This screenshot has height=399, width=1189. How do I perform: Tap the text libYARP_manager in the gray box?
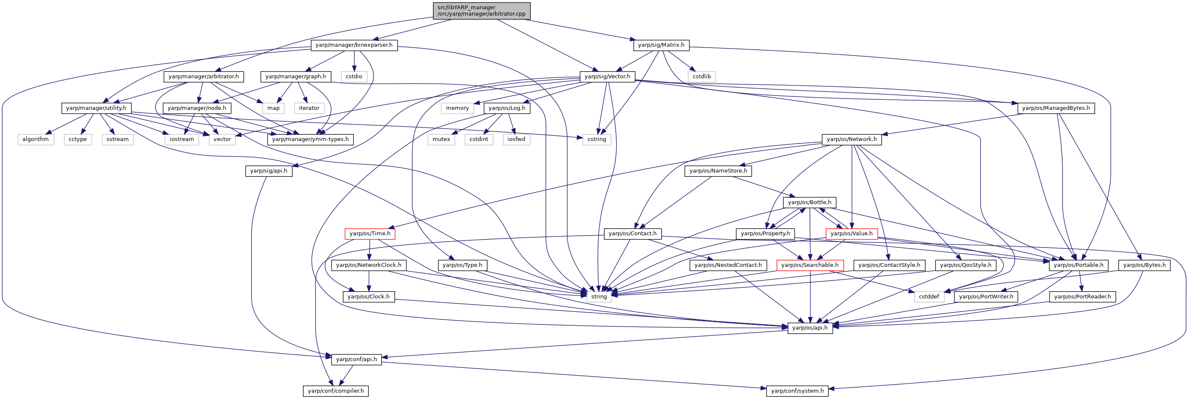click(467, 8)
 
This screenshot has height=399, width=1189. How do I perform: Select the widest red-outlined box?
click(810, 265)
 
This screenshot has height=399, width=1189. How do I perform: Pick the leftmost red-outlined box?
click(370, 234)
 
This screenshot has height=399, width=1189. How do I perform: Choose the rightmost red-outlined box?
click(852, 234)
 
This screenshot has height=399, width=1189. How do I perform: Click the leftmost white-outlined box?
click(36, 140)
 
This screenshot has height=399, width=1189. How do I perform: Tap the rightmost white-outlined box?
click(929, 297)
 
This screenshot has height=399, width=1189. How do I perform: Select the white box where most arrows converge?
click(599, 297)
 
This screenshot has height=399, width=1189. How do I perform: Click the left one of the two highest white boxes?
click(354, 77)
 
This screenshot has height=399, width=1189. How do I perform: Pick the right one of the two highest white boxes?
click(702, 77)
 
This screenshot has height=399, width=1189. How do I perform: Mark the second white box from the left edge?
click(78, 140)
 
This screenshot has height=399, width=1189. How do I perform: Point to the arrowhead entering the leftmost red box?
click(390, 227)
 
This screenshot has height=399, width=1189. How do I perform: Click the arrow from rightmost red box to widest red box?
click(831, 250)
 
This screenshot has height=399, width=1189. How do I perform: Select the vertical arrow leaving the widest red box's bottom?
click(810, 295)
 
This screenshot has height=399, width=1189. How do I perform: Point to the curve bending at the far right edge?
click(1186, 300)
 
